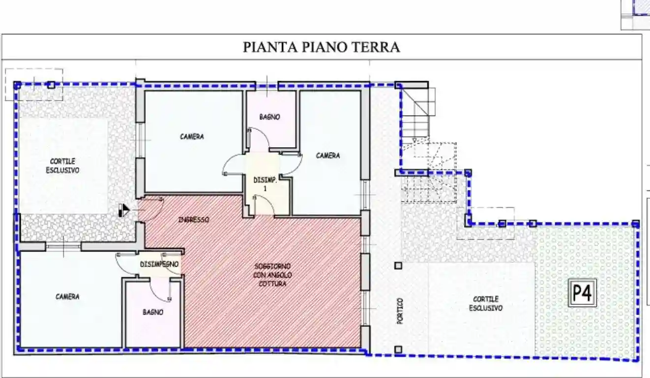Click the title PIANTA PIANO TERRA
tap(322, 47)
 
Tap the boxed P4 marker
tap(583, 293)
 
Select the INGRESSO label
tap(193, 220)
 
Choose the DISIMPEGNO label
tap(159, 264)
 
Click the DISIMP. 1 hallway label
tap(266, 184)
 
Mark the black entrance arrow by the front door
tap(123, 211)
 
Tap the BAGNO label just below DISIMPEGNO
tap(153, 312)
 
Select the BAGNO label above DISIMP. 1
tap(269, 117)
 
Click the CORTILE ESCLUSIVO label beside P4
tap(486, 303)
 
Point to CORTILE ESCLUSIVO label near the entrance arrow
tap(62, 166)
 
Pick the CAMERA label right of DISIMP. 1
tap(327, 156)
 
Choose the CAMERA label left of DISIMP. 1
tap(192, 136)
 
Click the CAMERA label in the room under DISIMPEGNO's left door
tap(67, 297)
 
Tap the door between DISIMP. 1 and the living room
tap(264, 206)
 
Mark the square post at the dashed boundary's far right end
tap(635, 223)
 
